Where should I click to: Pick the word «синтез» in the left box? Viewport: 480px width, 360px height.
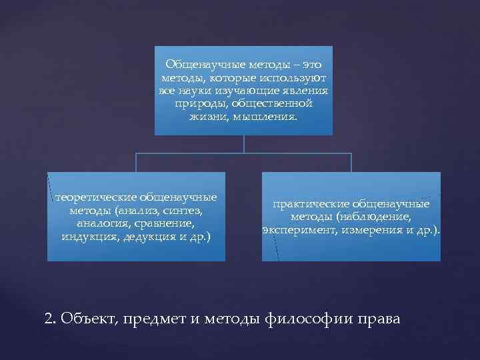186,210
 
